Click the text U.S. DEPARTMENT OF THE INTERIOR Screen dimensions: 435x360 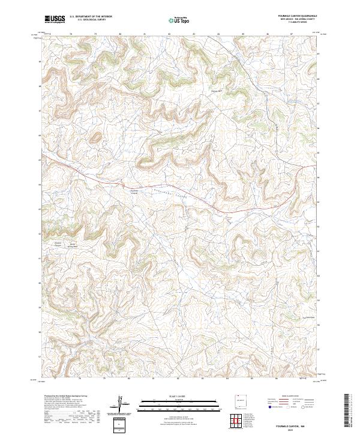[91, 17]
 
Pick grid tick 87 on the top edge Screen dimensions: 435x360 [292, 34]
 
